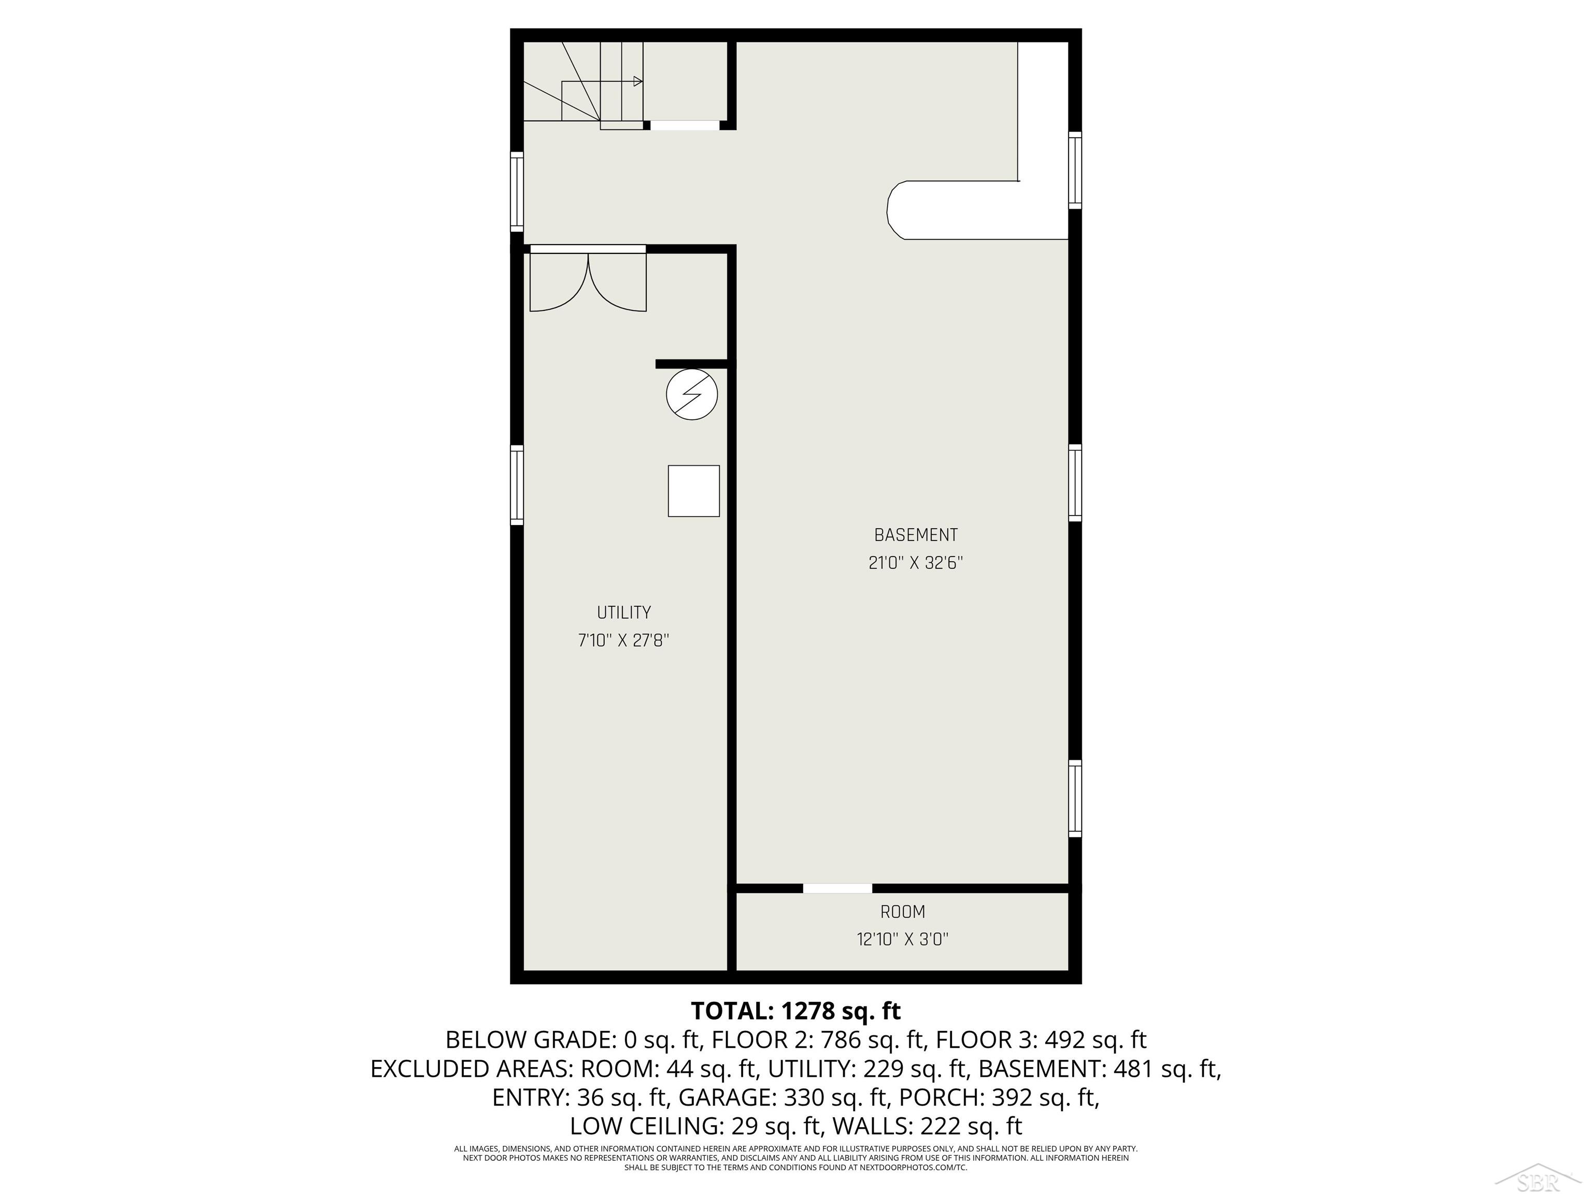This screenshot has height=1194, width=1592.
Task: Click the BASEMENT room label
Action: [x=916, y=535]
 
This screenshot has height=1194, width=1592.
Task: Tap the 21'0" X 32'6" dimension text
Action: [x=916, y=563]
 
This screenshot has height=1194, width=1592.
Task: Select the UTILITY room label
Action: [x=623, y=613]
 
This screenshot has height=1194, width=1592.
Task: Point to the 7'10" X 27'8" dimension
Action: [x=623, y=641]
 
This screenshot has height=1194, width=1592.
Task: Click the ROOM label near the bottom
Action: [x=903, y=912]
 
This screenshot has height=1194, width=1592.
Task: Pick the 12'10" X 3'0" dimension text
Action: [x=903, y=939]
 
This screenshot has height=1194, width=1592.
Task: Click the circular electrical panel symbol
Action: [x=692, y=394]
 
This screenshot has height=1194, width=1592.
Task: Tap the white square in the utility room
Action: [x=694, y=491]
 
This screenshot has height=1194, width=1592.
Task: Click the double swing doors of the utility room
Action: [x=588, y=281]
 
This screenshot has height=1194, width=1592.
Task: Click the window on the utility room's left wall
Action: [x=517, y=485]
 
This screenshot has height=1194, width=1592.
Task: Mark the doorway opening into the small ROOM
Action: [x=837, y=888]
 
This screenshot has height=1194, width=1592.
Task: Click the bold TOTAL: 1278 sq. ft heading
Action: [x=796, y=1011]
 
